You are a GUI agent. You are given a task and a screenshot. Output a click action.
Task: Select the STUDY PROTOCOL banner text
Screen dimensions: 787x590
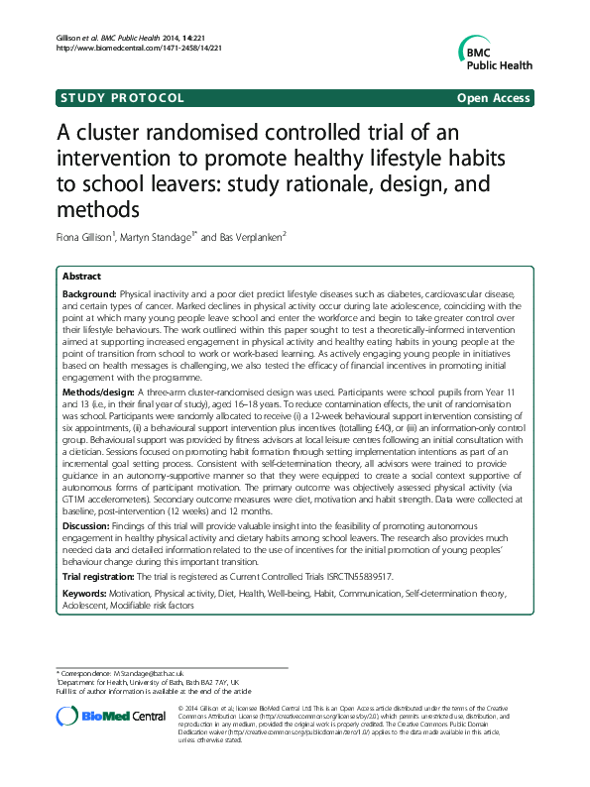(x=121, y=98)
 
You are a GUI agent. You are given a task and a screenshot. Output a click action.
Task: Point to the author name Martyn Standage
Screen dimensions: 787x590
(x=175, y=238)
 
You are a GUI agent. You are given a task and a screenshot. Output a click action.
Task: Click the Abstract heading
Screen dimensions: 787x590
(x=81, y=276)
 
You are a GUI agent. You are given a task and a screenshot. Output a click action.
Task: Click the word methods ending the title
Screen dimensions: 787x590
(x=98, y=211)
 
